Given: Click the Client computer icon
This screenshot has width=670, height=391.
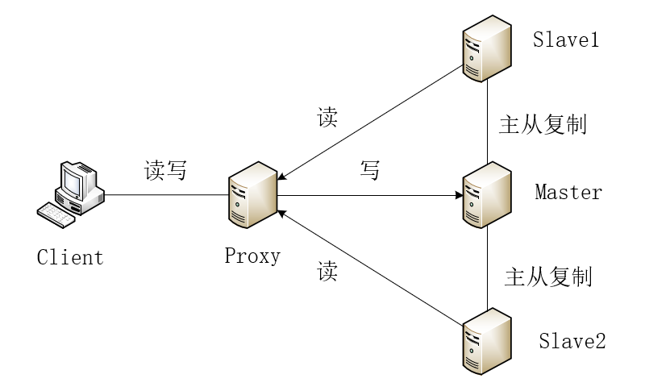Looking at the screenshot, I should [73, 191].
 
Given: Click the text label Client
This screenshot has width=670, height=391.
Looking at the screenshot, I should [71, 258].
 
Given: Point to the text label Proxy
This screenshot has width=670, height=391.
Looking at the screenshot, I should [252, 256].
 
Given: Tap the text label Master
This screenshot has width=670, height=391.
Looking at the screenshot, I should [568, 193].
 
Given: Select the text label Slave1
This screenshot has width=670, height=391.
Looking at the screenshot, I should [566, 40].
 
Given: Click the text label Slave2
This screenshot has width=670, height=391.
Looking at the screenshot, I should [572, 341].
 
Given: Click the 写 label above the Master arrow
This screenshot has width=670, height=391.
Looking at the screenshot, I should [369, 171].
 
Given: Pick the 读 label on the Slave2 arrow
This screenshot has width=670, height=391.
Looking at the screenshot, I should [327, 271].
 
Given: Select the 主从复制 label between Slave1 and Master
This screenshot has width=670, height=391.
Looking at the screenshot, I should [543, 125].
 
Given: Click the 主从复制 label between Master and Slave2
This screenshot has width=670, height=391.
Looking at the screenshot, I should [548, 277].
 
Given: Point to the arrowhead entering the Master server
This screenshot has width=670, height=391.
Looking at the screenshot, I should [457, 195].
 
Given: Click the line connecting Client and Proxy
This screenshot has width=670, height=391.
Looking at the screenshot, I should [165, 194].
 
